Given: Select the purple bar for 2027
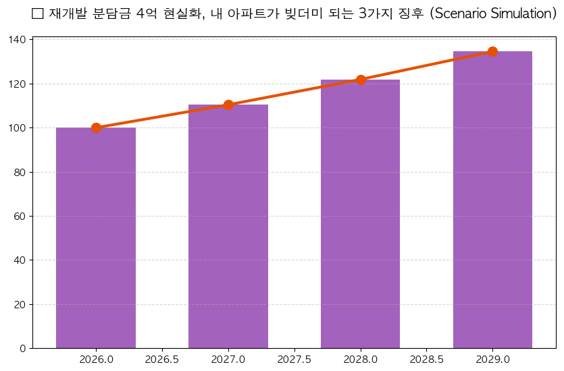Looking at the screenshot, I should tap(228, 226).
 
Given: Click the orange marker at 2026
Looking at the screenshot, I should tap(96, 127).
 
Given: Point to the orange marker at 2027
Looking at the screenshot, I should tap(228, 105).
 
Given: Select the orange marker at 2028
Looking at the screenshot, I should tap(361, 80).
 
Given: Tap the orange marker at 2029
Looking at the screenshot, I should tap(492, 52).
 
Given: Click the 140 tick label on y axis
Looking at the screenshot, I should tap(18, 40).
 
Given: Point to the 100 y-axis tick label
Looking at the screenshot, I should tap(18, 128).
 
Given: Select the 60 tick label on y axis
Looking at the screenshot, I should tap(20, 217).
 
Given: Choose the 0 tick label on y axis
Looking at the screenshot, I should tap(23, 349).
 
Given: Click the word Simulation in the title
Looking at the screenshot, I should tap(521, 14).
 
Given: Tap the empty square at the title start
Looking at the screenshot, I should tap(38, 14).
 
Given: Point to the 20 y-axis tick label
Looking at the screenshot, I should tap(20, 305).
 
